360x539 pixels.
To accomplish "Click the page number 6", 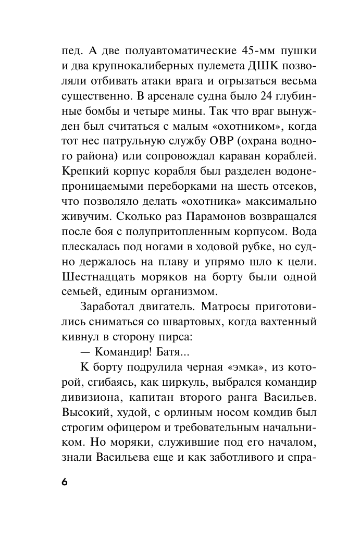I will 64,482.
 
